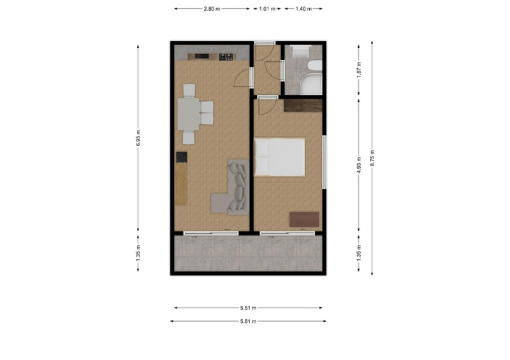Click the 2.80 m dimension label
click(212, 9)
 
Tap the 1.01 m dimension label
click(267, 9)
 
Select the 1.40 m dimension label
click(303, 9)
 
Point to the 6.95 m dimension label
click(138, 138)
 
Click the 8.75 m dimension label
click(372, 158)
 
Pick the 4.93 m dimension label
click(359, 165)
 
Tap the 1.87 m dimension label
click(359, 69)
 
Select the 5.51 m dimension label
click(248, 308)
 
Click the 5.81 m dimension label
click(248, 321)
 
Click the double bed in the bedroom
click(280, 157)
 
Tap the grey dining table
click(188, 114)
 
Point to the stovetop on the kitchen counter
click(226, 57)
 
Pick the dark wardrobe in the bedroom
click(303, 106)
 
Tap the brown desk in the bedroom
click(304, 219)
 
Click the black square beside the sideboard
click(182, 157)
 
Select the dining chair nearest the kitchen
click(189, 90)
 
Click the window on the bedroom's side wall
click(324, 162)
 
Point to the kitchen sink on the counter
click(201, 56)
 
